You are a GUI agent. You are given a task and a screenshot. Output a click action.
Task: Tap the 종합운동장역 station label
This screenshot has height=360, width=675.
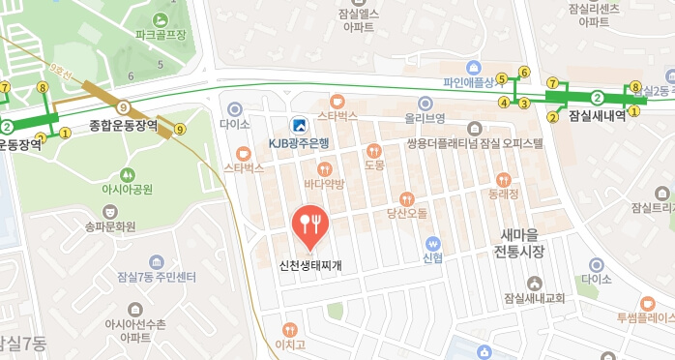tap(123, 125)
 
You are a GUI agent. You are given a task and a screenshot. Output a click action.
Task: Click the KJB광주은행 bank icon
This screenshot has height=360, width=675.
tap(300, 124)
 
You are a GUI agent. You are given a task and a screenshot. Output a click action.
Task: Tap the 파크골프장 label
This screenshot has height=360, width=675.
tap(161, 35)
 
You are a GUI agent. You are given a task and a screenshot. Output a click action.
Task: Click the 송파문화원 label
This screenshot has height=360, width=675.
tap(110, 227)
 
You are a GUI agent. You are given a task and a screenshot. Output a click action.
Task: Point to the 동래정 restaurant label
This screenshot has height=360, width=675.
tap(503, 194)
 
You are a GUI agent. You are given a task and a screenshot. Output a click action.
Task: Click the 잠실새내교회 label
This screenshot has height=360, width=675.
tap(534, 298)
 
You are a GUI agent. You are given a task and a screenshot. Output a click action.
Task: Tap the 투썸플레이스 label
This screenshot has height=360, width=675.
tap(645, 316)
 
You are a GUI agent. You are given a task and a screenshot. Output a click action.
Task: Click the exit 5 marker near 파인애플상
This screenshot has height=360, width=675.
tap(502, 80)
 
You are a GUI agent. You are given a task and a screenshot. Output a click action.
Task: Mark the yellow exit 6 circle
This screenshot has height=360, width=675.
tap(525, 72)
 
